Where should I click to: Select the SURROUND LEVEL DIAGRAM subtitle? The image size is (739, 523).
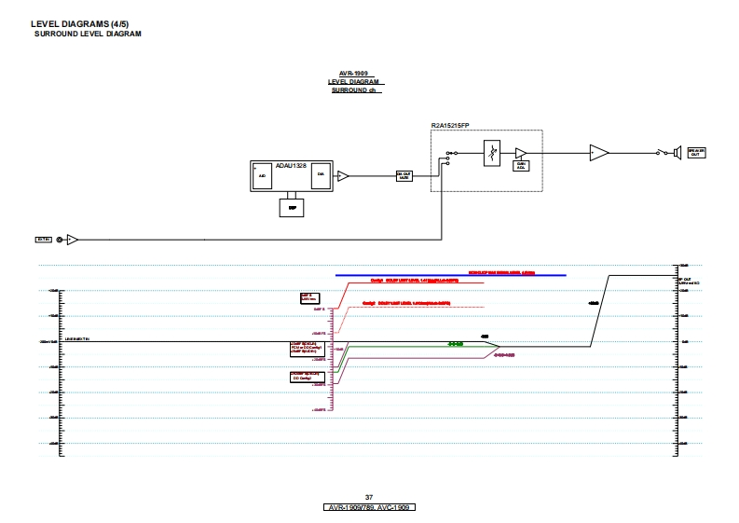(x=88, y=34)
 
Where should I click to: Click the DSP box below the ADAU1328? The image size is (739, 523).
(x=293, y=208)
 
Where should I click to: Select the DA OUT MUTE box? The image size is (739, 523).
(x=404, y=176)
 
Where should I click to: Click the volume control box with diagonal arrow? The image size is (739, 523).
(x=494, y=153)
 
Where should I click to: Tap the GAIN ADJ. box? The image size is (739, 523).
(x=522, y=166)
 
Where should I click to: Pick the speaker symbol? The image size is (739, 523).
(x=676, y=153)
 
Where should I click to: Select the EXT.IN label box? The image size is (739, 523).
(x=43, y=240)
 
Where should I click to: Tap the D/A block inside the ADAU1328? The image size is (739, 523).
(x=321, y=174)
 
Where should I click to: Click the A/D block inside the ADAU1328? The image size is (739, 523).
(x=262, y=175)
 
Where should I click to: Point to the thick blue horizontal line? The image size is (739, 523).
(x=451, y=276)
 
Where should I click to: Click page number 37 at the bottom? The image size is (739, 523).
(x=369, y=497)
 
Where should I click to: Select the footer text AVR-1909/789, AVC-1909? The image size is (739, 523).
(x=369, y=507)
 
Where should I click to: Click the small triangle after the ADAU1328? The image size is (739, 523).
(x=343, y=175)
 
